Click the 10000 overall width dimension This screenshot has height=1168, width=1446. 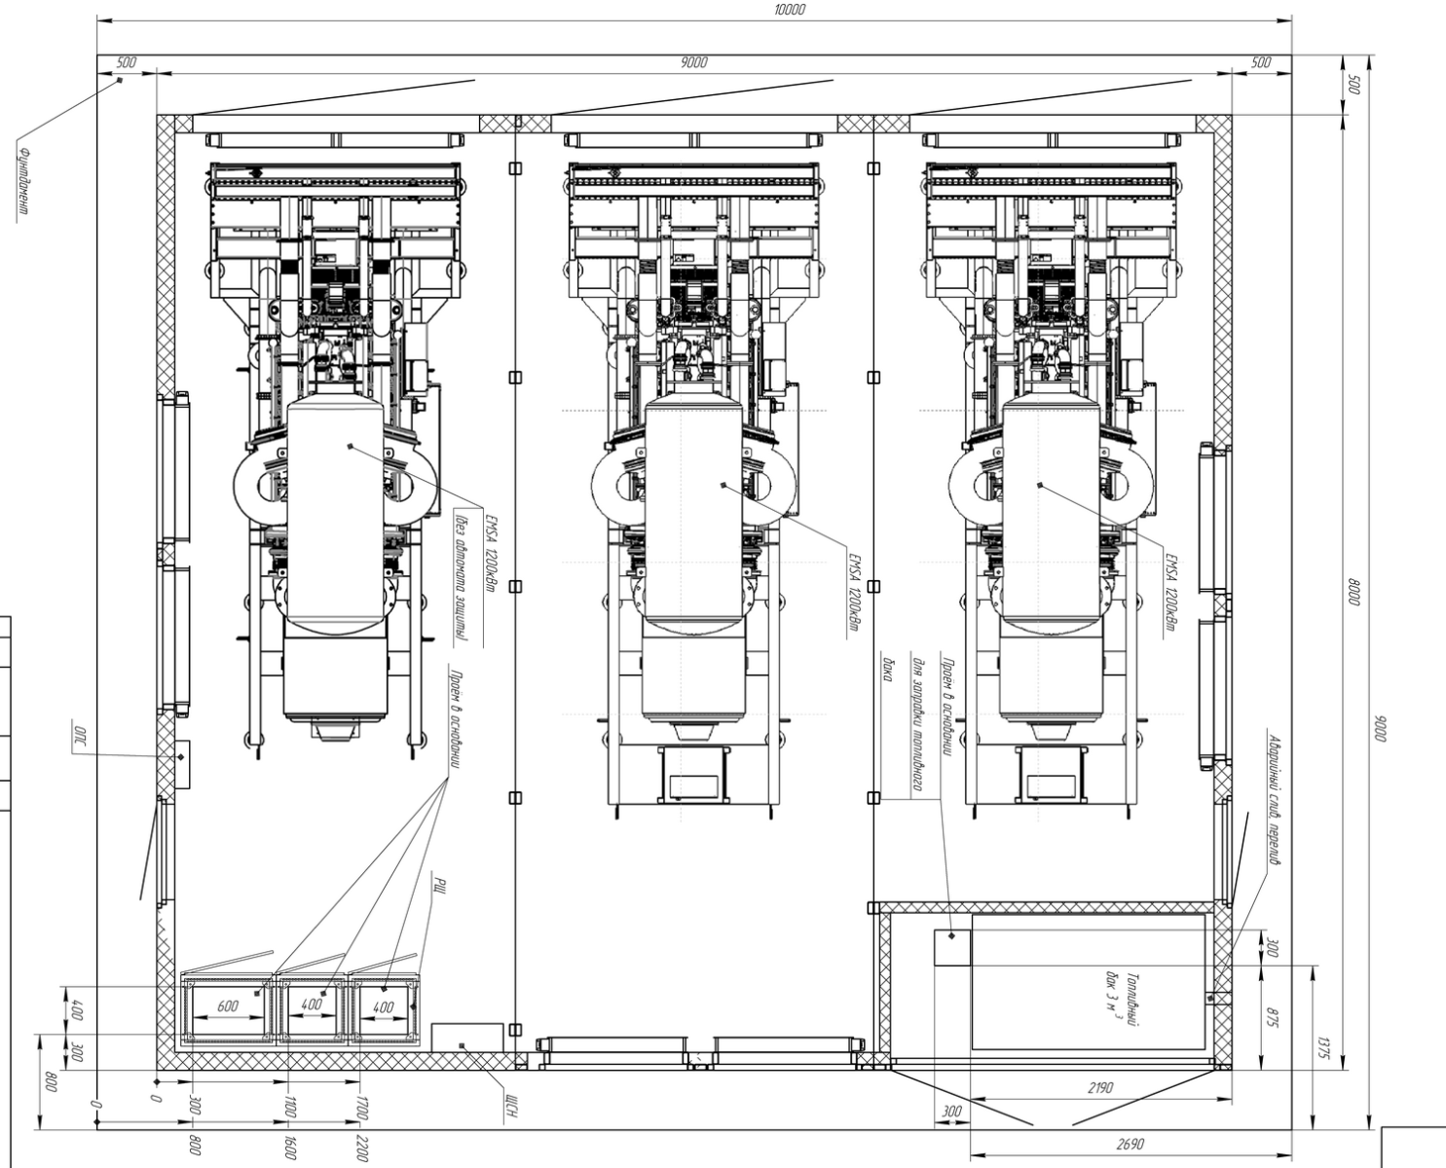point(791,9)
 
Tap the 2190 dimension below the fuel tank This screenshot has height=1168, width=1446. point(1099,1088)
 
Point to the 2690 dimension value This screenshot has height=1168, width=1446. point(1130,1146)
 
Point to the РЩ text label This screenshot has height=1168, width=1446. point(439,888)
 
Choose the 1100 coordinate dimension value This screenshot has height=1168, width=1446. point(291,1108)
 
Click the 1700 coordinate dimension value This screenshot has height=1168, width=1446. point(362,1108)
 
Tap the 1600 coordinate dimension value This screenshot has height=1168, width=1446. point(291,1148)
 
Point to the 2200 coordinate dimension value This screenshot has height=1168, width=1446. point(362,1148)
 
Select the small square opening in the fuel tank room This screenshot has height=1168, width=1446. point(951,948)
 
